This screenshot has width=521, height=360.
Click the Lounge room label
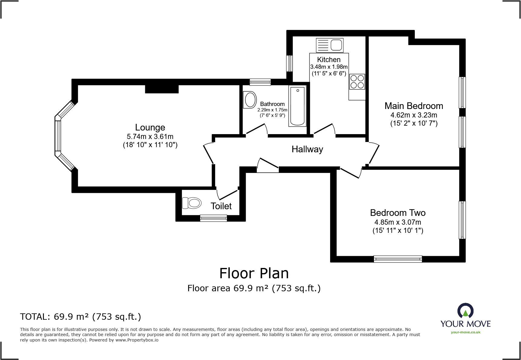point(150,127)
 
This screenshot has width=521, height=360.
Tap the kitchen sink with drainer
point(329,45)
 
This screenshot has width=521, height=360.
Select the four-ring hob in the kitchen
point(357,81)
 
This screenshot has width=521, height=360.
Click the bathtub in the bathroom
point(297,106)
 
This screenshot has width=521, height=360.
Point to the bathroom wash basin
point(250,100)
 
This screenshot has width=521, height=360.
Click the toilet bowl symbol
point(192,203)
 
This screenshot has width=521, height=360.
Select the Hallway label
point(307,149)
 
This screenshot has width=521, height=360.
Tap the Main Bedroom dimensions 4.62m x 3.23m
point(414,115)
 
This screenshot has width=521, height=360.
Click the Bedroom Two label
point(398,213)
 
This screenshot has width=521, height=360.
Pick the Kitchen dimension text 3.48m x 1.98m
point(329,67)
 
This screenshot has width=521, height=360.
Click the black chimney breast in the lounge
point(162,89)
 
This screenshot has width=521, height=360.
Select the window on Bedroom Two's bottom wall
point(398,259)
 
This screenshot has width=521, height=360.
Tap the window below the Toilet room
point(213,218)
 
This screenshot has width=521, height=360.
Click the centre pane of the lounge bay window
point(58,136)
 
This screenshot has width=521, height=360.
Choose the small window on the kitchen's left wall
point(289,63)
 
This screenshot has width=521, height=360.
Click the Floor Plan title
point(254,273)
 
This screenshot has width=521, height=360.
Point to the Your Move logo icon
point(465,311)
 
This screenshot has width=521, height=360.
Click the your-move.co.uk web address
point(465,332)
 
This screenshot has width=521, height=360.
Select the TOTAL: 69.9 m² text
point(80,317)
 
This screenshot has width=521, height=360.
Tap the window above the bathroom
point(260,82)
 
